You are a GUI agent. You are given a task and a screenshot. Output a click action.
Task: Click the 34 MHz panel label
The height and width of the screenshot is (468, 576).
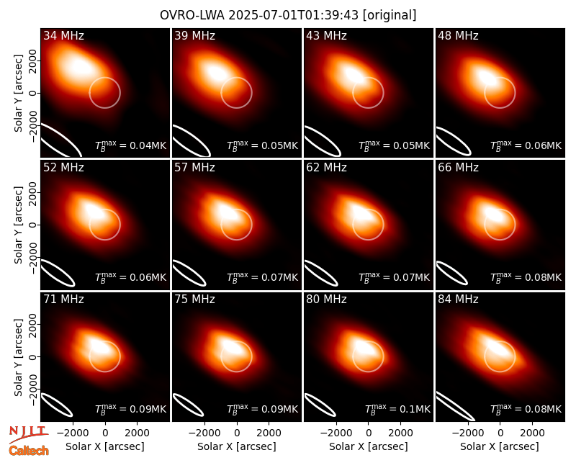click(63, 35)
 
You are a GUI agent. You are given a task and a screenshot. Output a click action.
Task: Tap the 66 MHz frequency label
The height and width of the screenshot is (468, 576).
click(458, 168)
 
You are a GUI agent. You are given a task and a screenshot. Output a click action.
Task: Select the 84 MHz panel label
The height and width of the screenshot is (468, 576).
click(458, 300)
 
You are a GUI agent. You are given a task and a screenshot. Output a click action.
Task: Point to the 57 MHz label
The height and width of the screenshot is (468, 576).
click(194, 168)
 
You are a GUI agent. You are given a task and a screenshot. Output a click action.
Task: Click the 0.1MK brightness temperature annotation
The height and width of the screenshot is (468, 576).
click(398, 409)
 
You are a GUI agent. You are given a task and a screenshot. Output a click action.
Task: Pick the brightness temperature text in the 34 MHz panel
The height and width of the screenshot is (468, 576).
click(131, 145)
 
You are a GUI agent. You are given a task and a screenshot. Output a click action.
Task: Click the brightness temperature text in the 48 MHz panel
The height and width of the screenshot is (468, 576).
click(526, 145)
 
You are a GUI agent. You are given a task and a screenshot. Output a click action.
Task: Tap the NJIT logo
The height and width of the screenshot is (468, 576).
click(28, 434)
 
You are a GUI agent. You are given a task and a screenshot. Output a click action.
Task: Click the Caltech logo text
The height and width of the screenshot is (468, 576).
click(29, 451)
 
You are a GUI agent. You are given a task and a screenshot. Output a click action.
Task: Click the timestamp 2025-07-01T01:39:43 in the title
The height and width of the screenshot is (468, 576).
click(294, 15)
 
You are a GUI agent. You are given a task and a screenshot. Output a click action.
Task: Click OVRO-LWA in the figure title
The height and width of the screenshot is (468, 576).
click(192, 15)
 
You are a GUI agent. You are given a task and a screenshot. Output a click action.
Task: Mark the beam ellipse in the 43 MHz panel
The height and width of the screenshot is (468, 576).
click(322, 140)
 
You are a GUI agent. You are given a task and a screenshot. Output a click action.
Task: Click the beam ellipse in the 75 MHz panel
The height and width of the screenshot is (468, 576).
click(188, 405)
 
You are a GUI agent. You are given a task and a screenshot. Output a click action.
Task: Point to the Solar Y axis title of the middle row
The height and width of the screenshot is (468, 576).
click(18, 225)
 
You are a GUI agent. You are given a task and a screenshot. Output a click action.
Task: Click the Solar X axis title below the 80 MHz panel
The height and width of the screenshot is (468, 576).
click(368, 446)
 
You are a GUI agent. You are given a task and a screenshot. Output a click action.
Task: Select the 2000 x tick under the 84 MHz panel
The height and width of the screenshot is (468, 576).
click(532, 433)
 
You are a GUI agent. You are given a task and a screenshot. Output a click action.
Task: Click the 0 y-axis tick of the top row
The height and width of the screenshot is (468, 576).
click(33, 93)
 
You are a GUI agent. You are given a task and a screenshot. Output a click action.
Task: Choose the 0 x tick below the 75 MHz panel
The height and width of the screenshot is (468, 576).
click(237, 433)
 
